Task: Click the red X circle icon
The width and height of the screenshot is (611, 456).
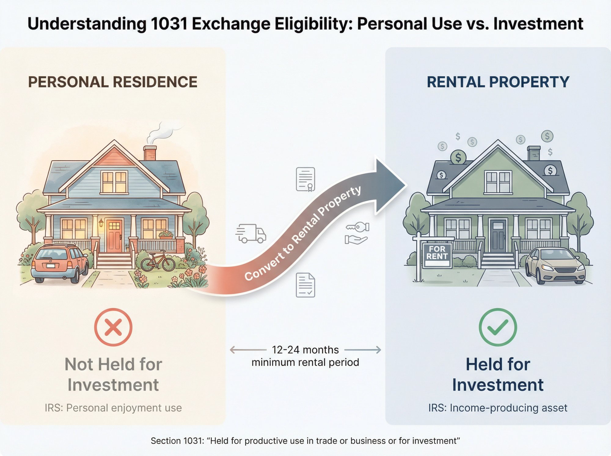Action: point(113,327)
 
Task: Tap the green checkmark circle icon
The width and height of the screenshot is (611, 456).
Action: point(498,327)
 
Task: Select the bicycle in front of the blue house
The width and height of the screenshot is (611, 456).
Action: point(158,261)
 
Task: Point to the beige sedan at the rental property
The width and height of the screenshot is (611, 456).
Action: point(554,266)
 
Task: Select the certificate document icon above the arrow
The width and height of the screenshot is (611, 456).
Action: point(305,179)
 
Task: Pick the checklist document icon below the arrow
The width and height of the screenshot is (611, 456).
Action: point(305,285)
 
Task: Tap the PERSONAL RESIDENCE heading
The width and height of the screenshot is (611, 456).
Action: point(113,82)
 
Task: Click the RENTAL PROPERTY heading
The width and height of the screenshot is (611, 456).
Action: point(498,82)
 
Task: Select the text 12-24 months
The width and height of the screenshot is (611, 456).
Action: point(305,350)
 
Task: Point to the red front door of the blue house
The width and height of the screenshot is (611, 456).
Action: point(114,236)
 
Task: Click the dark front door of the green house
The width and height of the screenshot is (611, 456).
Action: point(498,236)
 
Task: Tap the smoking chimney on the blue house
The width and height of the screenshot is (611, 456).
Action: point(150,153)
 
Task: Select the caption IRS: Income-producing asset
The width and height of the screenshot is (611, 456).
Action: point(498,408)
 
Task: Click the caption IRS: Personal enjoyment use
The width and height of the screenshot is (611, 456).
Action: point(113,408)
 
